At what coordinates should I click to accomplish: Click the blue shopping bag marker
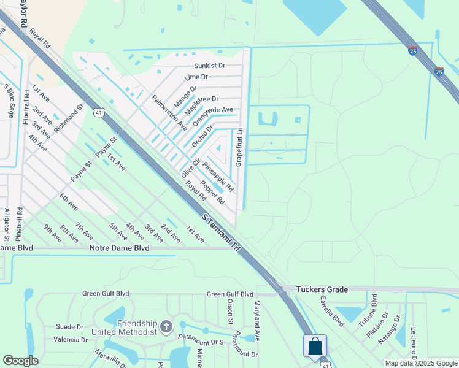pyautogui.click(x=315, y=346)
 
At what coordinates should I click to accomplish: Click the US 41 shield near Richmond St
pyautogui.click(x=99, y=112)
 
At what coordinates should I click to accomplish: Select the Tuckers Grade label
pyautogui.click(x=322, y=289)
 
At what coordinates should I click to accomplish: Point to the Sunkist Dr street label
pyautogui.click(x=209, y=65)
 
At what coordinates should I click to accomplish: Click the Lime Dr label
pyautogui.click(x=196, y=77)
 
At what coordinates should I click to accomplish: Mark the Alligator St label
pyautogui.click(x=7, y=224)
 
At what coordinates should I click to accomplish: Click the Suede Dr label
pyautogui.click(x=69, y=327)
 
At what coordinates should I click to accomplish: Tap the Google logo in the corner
pyautogui.click(x=20, y=361)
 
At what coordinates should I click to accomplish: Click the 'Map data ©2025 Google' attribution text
pyautogui.click(x=421, y=363)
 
